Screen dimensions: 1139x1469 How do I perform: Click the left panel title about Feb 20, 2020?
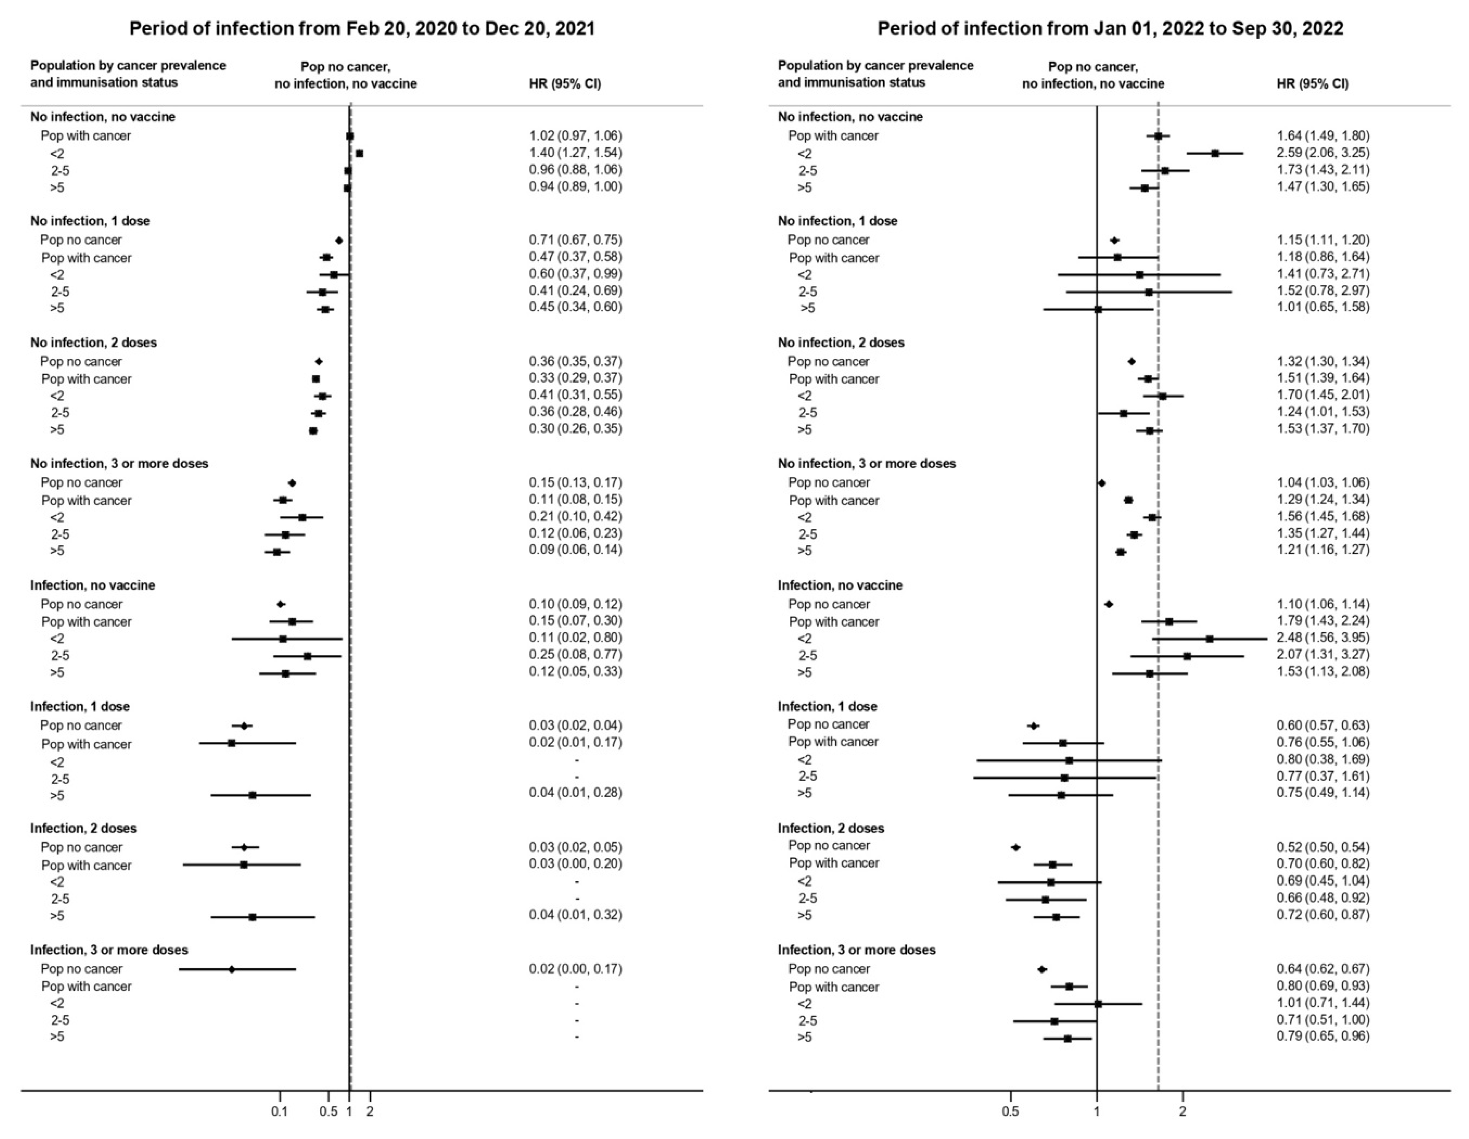(x=362, y=28)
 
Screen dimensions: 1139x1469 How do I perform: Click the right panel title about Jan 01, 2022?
(x=1110, y=28)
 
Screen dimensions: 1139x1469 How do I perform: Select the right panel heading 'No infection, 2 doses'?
(x=841, y=343)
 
